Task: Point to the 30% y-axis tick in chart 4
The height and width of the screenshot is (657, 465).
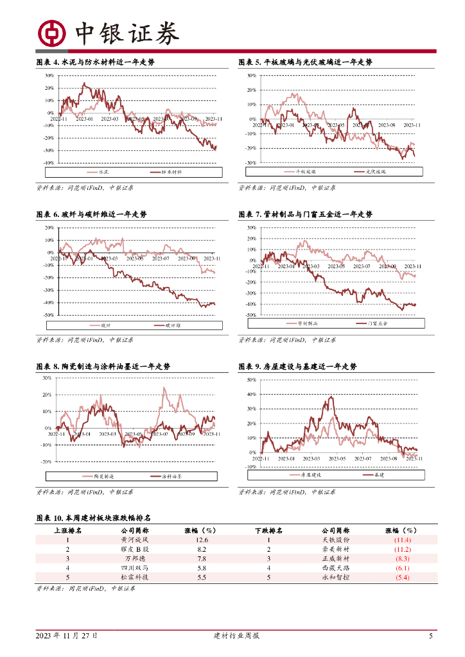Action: [x=49, y=76]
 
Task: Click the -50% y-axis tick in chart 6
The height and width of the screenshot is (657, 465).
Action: [x=49, y=315]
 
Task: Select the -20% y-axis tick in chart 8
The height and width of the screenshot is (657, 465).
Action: [x=48, y=462]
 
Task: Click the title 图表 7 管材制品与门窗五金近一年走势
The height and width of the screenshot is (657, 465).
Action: [x=305, y=214]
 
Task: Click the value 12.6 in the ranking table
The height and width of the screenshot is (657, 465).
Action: [x=201, y=541]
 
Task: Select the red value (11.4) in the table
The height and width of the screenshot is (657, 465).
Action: [x=403, y=541]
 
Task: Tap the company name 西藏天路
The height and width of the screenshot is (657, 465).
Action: [x=335, y=568]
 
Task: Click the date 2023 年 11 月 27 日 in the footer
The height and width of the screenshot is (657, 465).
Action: [x=67, y=636]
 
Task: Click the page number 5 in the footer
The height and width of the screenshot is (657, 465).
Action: [x=431, y=636]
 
